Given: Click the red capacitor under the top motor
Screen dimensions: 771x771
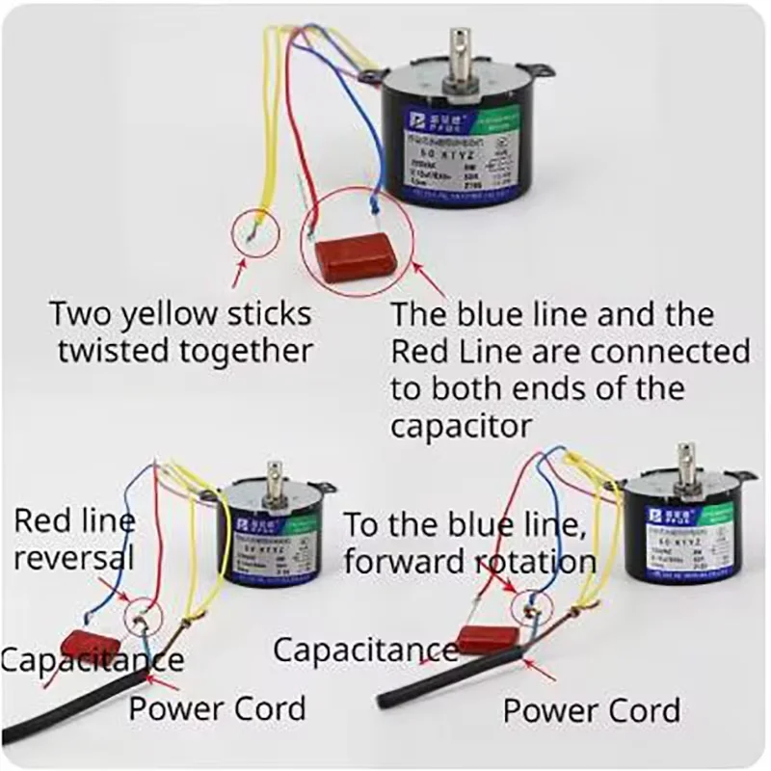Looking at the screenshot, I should point(356,254).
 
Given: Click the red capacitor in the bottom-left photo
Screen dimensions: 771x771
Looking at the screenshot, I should point(93,643).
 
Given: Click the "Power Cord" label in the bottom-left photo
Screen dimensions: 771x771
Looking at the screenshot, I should point(218,708).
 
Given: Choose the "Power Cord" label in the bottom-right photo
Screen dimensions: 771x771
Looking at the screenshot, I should point(592,710).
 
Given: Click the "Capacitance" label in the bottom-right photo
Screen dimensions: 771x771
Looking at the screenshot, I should point(365,650).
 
